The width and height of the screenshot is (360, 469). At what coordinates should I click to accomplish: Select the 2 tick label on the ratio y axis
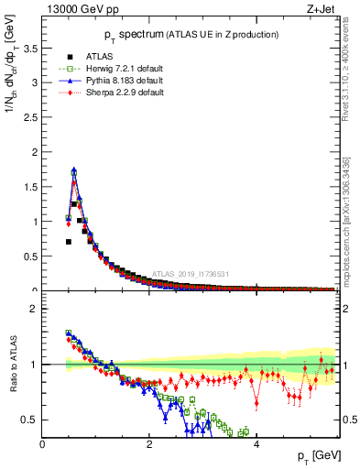click(x=34, y=309)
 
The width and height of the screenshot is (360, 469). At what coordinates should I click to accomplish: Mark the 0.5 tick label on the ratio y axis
click(x=30, y=420)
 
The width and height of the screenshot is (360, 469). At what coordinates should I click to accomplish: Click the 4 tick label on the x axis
click(x=256, y=444)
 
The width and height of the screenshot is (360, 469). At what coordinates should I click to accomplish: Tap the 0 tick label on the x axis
click(x=42, y=444)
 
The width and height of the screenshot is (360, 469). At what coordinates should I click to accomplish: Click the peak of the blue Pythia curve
click(x=74, y=169)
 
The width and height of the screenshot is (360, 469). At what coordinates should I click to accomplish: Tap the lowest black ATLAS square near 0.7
click(x=69, y=242)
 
